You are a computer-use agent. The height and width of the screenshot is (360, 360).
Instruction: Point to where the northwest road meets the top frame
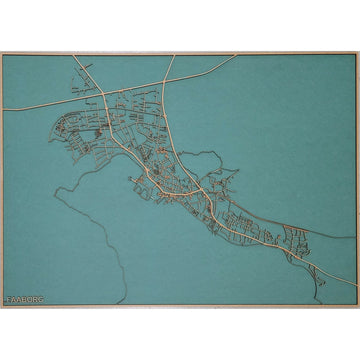tap(72, 55)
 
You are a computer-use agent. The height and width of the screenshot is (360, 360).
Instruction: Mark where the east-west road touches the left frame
tap(4, 110)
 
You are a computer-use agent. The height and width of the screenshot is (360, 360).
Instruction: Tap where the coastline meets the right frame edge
tap(354, 237)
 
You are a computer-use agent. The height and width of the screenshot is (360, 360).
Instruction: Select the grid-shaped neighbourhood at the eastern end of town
tap(296, 240)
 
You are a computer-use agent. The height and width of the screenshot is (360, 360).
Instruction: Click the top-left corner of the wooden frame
tap(2, 53)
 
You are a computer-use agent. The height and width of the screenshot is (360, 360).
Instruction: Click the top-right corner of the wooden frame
tap(357, 53)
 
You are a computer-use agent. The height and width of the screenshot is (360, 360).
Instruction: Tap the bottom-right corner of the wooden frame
tap(357, 306)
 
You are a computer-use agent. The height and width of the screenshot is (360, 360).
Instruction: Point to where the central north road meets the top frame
tap(173, 55)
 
